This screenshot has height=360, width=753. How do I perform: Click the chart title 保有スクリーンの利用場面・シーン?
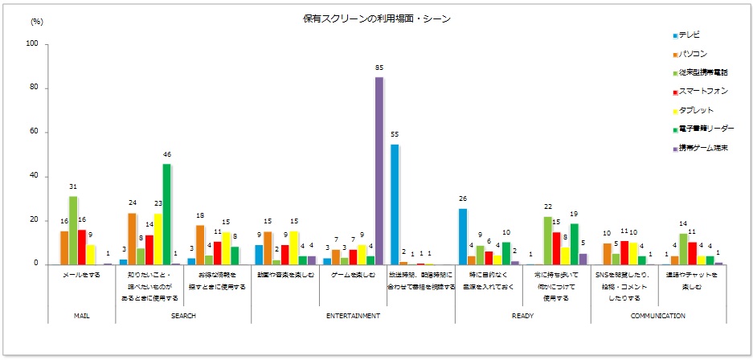click(x=377, y=18)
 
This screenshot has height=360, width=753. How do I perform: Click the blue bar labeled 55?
click(x=395, y=204)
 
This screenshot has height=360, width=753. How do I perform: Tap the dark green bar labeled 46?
click(x=166, y=214)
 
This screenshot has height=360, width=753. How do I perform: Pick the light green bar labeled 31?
click(x=73, y=230)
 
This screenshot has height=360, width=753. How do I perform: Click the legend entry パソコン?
click(x=692, y=54)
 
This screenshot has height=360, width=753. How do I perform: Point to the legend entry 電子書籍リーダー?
click(x=706, y=129)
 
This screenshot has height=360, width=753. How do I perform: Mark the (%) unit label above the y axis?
click(x=36, y=22)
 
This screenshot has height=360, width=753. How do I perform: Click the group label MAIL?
click(x=81, y=316)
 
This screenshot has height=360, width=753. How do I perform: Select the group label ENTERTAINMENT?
click(x=353, y=316)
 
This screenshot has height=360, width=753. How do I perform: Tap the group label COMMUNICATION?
click(x=658, y=316)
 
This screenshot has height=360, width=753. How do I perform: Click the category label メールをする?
click(x=81, y=274)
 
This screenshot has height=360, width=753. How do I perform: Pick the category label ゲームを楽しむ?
click(x=353, y=274)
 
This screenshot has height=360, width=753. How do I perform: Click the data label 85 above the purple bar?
click(x=379, y=68)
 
